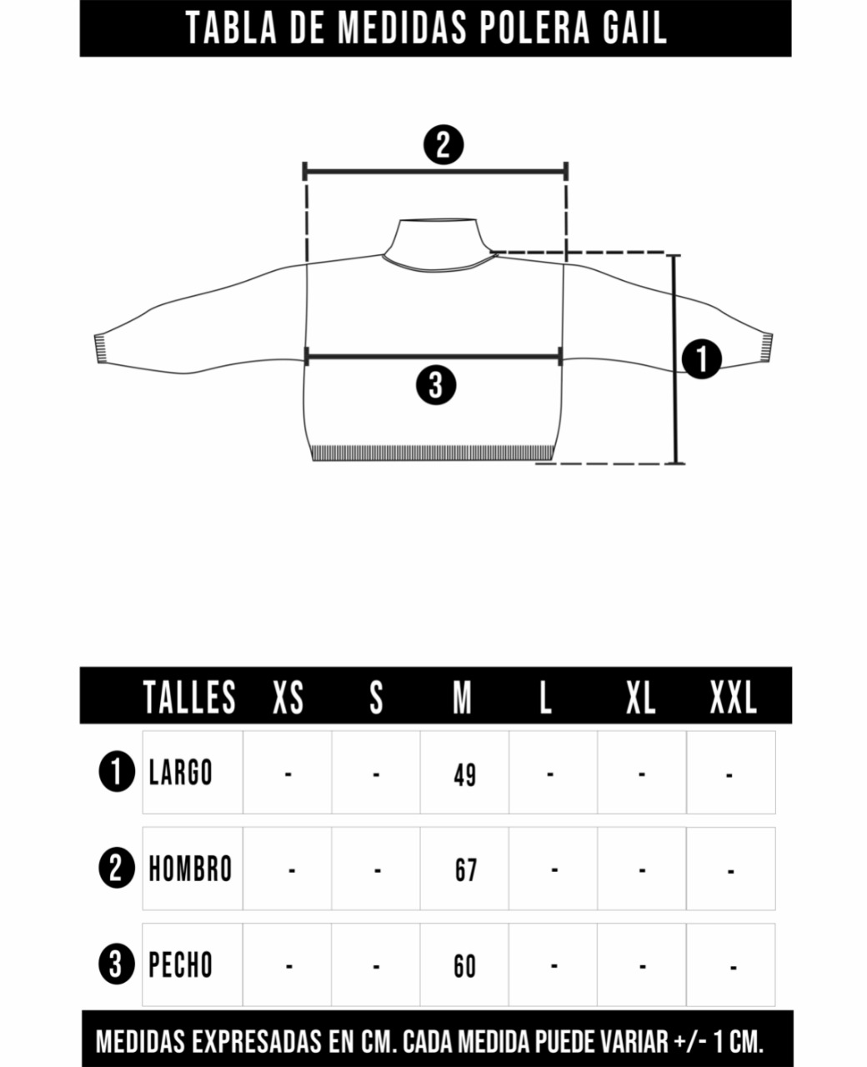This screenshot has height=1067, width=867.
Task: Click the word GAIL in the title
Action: tap(634, 28)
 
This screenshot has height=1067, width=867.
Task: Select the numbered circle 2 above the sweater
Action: tap(444, 144)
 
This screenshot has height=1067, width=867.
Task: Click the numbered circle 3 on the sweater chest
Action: tap(436, 385)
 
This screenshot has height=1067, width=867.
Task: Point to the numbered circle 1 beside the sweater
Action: tap(702, 358)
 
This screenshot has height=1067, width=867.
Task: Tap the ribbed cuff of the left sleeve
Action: tap(101, 348)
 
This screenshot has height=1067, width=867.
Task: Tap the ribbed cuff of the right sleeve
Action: tap(766, 347)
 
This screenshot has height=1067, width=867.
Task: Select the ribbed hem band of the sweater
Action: tap(433, 453)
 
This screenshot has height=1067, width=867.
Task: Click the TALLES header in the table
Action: tap(189, 697)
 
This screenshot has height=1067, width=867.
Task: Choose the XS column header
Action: tap(288, 697)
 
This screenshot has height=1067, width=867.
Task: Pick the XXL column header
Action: tap(734, 697)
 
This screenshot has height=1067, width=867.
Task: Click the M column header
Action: tap(462, 697)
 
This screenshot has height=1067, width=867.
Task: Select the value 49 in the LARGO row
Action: tap(465, 775)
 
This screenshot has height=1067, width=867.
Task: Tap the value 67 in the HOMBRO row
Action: tap(466, 870)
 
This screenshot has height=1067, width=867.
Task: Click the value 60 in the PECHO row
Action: tap(465, 966)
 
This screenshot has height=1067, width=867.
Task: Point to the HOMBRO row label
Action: tap(190, 869)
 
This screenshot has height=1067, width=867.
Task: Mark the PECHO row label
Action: tap(180, 964)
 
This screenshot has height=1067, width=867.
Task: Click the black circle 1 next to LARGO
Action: tap(117, 771)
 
